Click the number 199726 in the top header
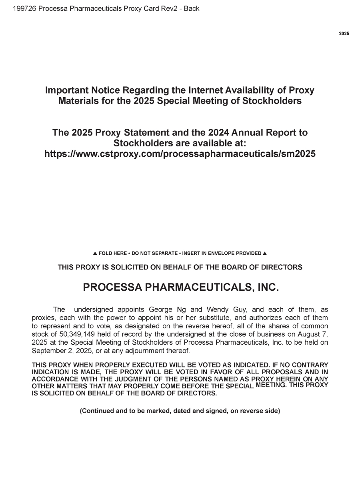point(24,8)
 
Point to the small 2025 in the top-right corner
point(344,34)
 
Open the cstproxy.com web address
point(180,154)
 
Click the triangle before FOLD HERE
point(95,253)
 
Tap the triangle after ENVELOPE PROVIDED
point(265,253)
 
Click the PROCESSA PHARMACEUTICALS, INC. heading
point(180,287)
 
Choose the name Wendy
point(217,309)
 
